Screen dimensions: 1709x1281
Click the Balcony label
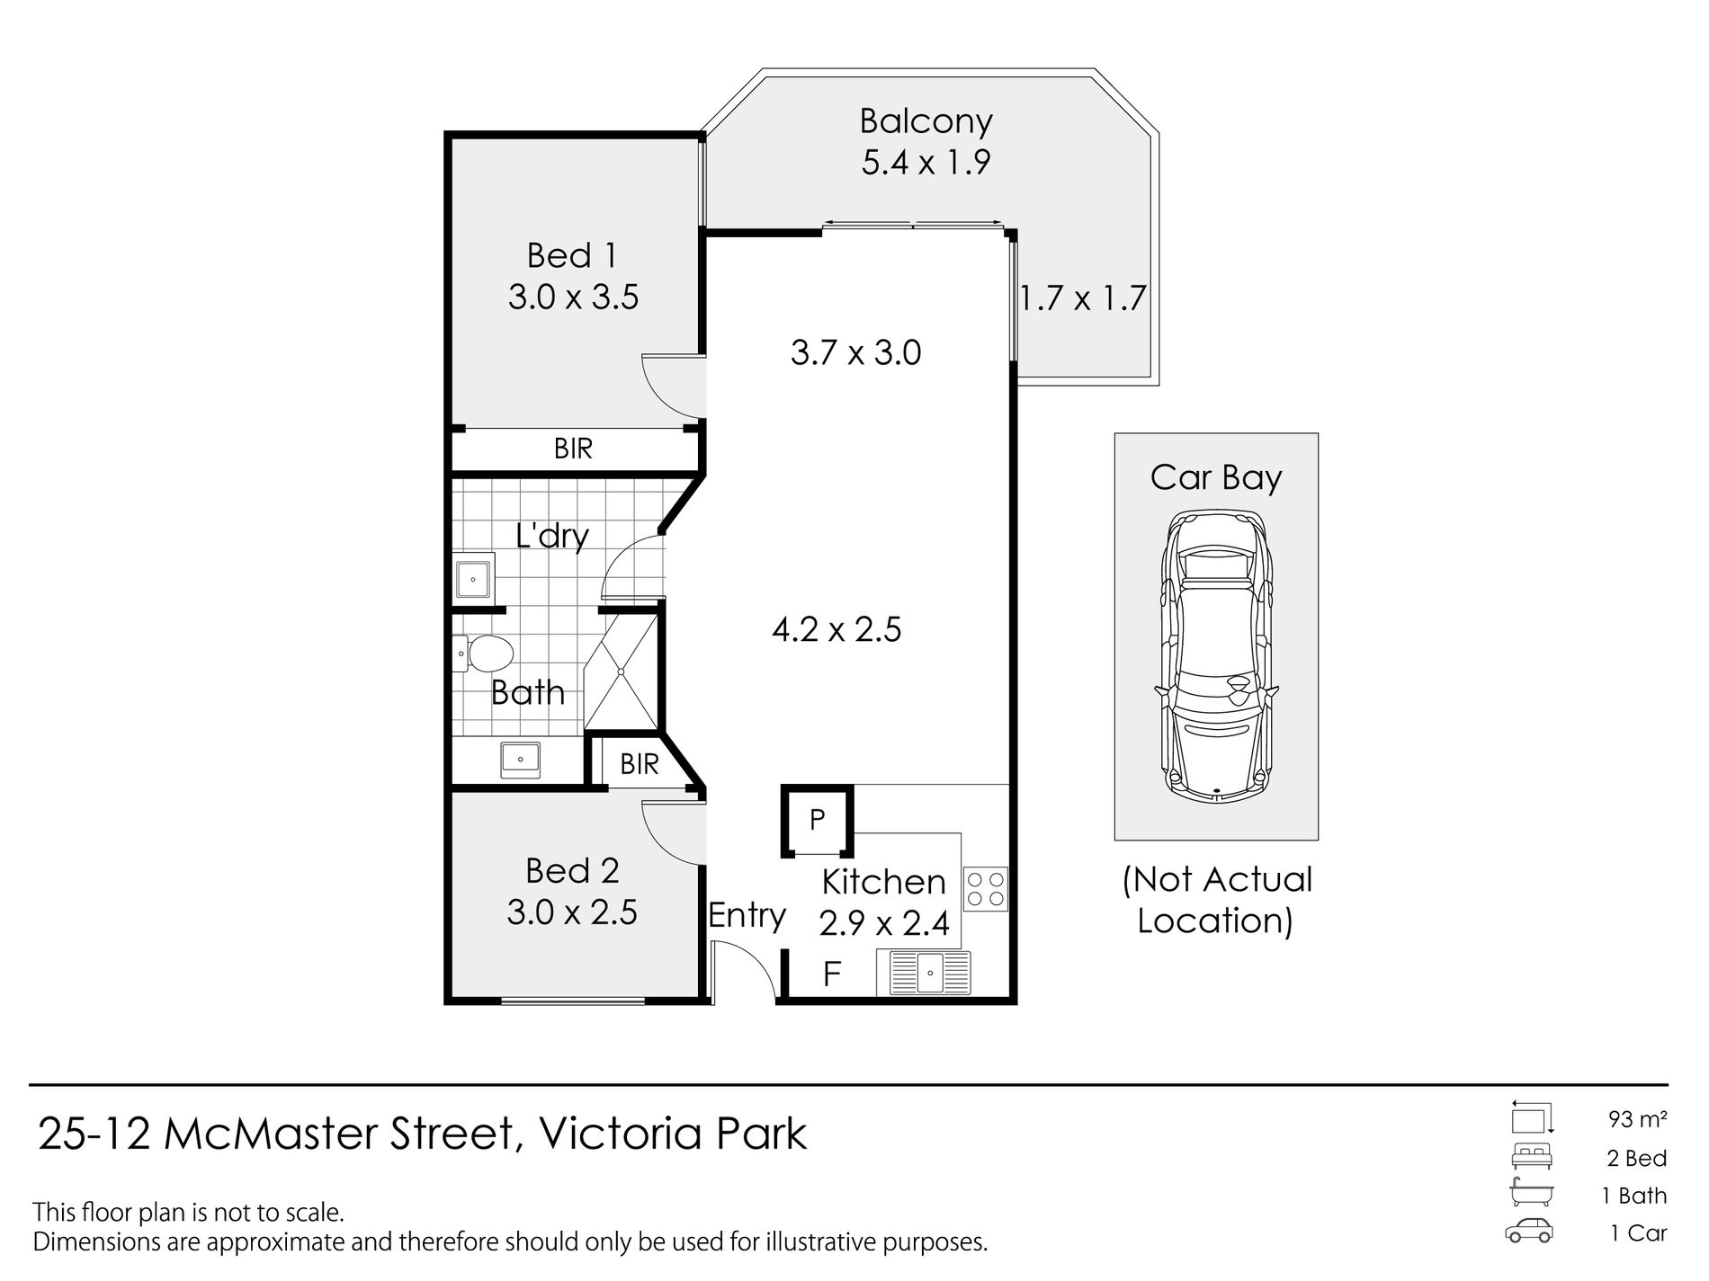tap(926, 122)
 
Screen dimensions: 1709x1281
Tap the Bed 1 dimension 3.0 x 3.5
tap(573, 297)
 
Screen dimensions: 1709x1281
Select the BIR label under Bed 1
tap(573, 449)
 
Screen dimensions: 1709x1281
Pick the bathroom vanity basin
tap(520, 760)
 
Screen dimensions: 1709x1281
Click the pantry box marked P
tap(817, 820)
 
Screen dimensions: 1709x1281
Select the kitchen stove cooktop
tap(985, 888)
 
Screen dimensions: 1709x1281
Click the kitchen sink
tap(930, 974)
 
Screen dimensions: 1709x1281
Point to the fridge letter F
tap(832, 974)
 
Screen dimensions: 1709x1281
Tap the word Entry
tap(747, 916)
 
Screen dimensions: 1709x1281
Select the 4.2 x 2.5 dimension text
tap(837, 629)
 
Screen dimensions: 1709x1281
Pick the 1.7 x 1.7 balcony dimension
tap(1083, 298)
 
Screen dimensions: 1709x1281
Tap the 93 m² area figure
tap(1638, 1119)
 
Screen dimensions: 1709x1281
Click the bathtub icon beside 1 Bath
tap(1532, 1194)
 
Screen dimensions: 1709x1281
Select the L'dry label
tap(551, 537)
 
